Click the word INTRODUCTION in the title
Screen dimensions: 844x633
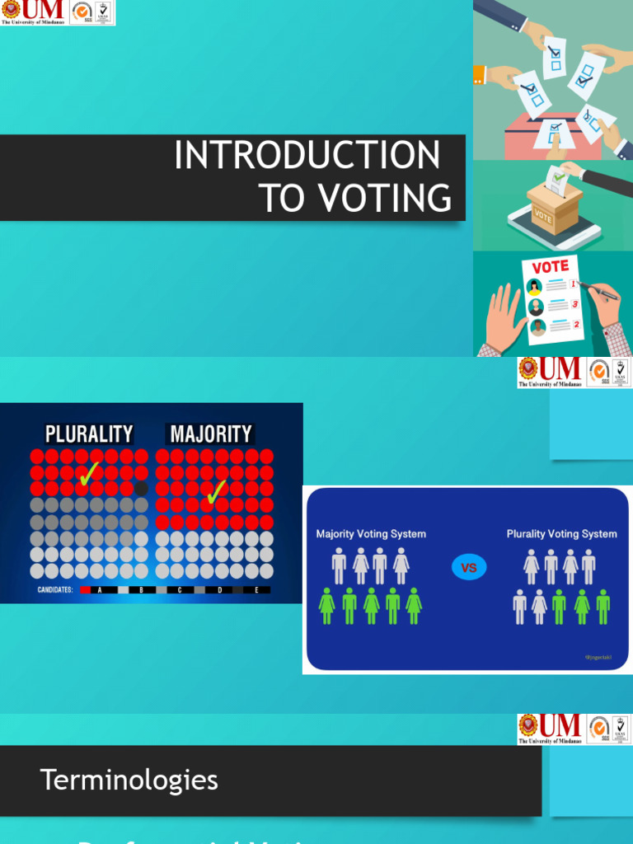[x=307, y=156]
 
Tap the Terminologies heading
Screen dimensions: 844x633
[x=129, y=780]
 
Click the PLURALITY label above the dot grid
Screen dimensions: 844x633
[x=89, y=434]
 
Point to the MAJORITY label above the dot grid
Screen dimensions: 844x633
[x=211, y=434]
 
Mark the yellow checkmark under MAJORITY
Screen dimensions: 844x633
[x=217, y=493]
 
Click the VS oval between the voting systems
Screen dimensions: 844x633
[x=469, y=568]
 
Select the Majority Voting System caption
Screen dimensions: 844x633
[x=371, y=534]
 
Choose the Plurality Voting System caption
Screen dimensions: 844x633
[x=561, y=534]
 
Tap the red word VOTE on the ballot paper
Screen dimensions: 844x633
[x=550, y=267]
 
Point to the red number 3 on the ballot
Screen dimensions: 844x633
[x=574, y=304]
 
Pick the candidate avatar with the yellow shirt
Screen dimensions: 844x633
[x=535, y=288]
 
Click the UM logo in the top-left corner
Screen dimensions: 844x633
[x=34, y=12]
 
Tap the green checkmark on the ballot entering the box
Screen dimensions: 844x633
[x=559, y=176]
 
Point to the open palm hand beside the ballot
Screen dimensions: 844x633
[x=502, y=317]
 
